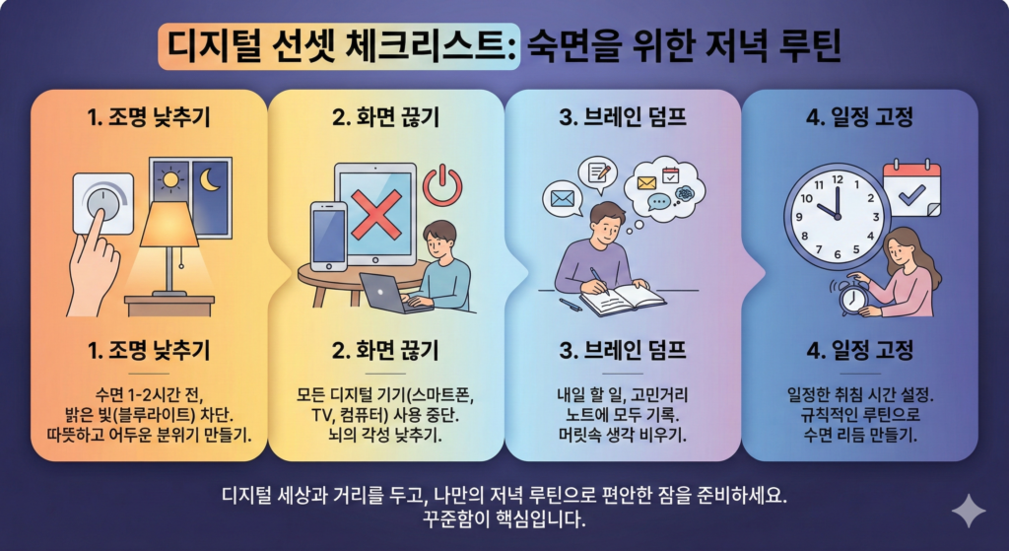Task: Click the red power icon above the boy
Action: click(442, 184)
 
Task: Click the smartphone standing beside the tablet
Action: click(328, 237)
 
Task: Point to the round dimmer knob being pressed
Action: click(101, 201)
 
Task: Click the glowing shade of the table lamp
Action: click(169, 225)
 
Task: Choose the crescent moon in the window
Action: click(211, 181)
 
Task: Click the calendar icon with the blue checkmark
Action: click(912, 188)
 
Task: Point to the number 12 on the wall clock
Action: click(838, 179)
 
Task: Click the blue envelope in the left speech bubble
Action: click(564, 199)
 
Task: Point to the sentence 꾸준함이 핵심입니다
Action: click(503, 518)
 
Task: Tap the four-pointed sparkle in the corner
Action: click(968, 512)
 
